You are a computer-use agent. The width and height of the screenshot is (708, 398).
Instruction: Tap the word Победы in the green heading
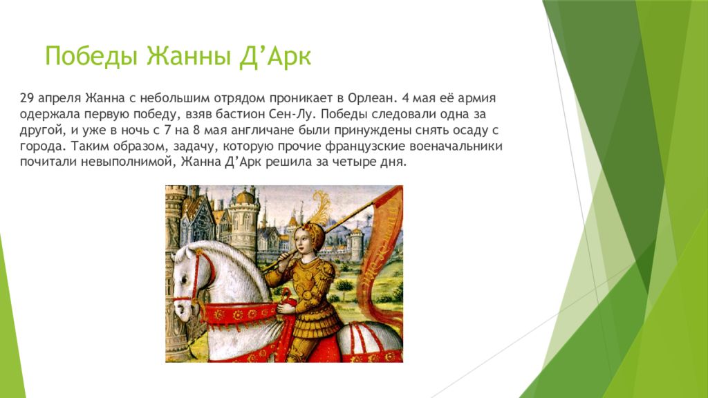(91, 57)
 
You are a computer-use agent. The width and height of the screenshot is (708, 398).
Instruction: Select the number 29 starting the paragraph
(27, 98)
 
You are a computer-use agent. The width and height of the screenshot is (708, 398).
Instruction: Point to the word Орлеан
(371, 98)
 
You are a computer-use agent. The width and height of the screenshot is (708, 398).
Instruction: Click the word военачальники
(456, 146)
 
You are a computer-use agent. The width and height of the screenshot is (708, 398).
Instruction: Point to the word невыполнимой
(127, 162)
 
